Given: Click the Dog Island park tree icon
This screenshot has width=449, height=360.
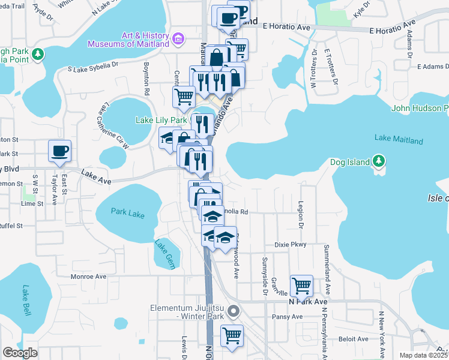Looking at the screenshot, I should (x=378, y=161).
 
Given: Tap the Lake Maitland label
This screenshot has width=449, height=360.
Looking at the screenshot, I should (x=399, y=140).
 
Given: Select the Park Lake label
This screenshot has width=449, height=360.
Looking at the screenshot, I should (x=128, y=211).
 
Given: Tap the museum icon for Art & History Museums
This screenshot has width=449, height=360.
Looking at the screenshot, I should (x=178, y=40).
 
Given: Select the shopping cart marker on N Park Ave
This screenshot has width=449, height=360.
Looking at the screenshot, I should (x=301, y=286).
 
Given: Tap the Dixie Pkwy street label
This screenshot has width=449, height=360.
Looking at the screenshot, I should (x=291, y=244).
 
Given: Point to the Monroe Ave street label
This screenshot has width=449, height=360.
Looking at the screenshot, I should (x=88, y=277).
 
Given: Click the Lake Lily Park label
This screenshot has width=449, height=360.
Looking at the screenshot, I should (x=161, y=120).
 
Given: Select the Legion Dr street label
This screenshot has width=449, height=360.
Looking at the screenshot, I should (x=301, y=214).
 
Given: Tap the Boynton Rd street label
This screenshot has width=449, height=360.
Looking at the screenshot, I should (x=146, y=78).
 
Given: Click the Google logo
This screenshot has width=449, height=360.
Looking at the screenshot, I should (x=20, y=353).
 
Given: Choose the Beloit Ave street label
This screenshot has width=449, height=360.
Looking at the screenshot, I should (x=354, y=338).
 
